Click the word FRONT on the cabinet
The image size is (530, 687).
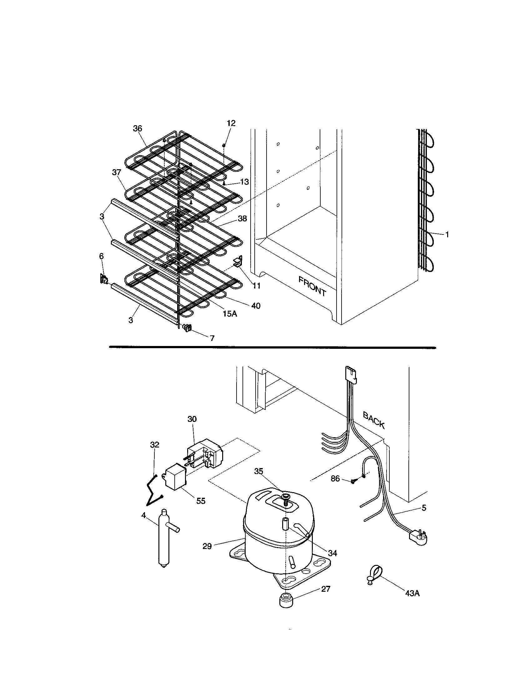[312, 286]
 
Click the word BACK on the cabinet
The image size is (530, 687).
[374, 420]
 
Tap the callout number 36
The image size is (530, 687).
[137, 128]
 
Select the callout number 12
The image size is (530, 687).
[231, 123]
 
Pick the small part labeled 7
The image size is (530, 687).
[187, 328]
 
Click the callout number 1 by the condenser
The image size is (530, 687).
[447, 234]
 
